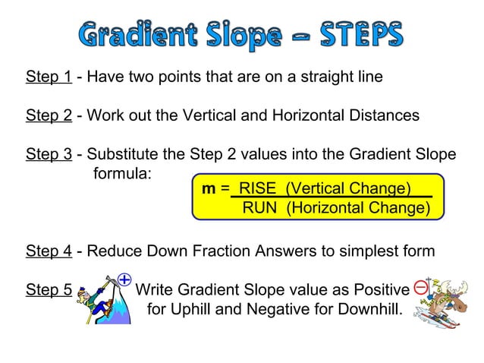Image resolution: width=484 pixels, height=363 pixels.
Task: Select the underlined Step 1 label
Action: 49,77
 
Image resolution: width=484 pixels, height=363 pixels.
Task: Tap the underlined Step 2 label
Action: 49,115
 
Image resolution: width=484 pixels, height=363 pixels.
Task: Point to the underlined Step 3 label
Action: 49,154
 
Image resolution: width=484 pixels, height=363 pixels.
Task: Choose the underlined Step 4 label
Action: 49,251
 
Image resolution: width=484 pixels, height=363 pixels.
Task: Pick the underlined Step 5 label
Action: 49,289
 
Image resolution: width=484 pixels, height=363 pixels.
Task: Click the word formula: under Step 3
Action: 122,173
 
